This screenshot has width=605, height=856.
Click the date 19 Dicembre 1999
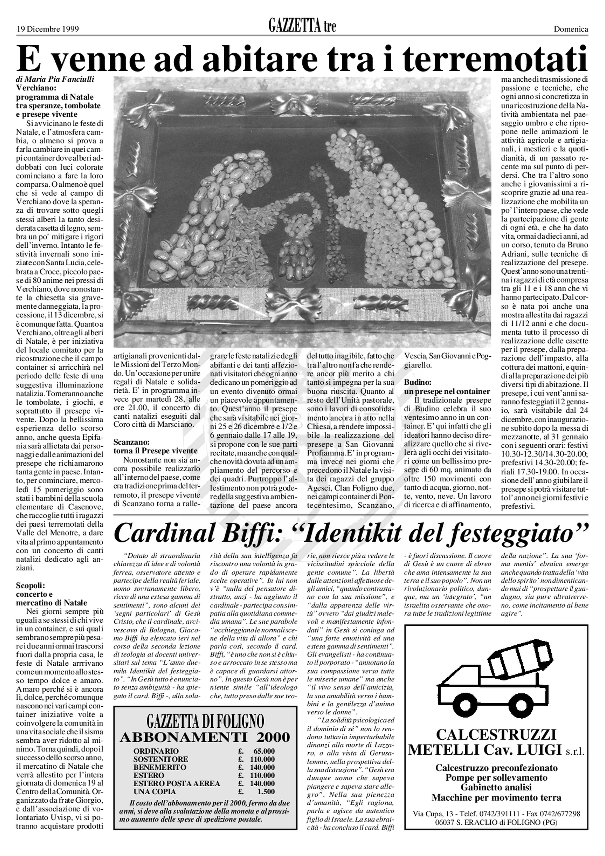click(48, 29)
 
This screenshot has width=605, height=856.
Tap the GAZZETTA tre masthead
click(302, 26)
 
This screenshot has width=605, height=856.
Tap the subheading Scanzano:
click(131, 442)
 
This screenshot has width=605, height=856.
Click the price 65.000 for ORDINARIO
click(264, 751)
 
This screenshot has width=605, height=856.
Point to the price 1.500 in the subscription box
click(266, 792)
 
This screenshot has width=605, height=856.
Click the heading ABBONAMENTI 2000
click(205, 737)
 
